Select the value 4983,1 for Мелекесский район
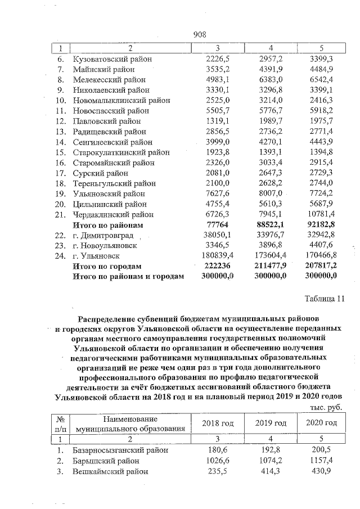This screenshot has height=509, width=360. (x=217, y=79)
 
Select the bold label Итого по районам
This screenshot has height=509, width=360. (x=107, y=224)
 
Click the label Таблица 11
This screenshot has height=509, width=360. (x=323, y=298)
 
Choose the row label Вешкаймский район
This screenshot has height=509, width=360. (x=110, y=471)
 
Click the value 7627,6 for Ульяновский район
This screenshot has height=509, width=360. (x=217, y=193)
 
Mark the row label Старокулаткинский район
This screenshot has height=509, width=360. (x=120, y=152)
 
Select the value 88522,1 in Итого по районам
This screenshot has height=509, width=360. (x=271, y=224)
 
